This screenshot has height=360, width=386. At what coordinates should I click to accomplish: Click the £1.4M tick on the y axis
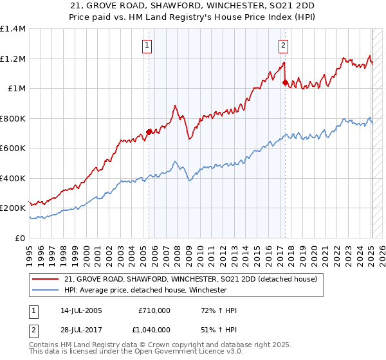pos(13,29)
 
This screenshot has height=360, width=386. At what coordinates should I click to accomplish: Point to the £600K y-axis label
pos(13,148)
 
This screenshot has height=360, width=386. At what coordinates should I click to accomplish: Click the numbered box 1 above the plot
pos(148,46)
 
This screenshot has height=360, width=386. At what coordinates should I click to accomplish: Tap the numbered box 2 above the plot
pos(283,46)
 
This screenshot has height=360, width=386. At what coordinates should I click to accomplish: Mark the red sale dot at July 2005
pos(149,132)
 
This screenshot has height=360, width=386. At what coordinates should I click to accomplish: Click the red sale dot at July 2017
pos(285,82)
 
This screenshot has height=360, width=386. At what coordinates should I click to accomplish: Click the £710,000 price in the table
pos(154,310)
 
